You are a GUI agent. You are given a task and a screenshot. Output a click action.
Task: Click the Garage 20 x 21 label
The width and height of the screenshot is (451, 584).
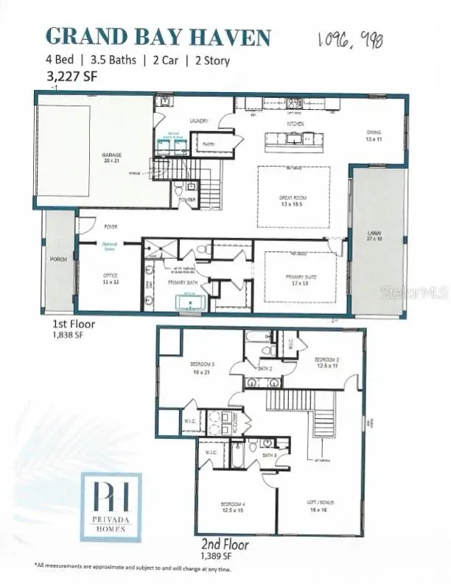[x=111, y=157]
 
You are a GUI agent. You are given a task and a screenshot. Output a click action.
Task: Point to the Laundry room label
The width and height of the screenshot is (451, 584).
[x=200, y=121]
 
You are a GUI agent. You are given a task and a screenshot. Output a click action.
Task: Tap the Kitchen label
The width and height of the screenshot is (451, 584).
[x=296, y=125]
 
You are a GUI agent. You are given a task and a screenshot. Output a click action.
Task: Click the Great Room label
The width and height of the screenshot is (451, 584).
[x=293, y=200]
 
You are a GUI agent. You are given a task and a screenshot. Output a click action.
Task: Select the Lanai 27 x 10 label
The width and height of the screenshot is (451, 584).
[x=376, y=238]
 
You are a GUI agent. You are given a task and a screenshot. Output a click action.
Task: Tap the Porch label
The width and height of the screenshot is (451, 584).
[x=57, y=258]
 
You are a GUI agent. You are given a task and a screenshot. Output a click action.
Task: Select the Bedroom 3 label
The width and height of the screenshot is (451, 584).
[x=203, y=366]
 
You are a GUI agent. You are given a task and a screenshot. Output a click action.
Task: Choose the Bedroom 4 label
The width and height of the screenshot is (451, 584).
[x=232, y=507]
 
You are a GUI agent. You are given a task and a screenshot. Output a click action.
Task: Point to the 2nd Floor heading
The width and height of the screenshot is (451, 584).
[x=221, y=545]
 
